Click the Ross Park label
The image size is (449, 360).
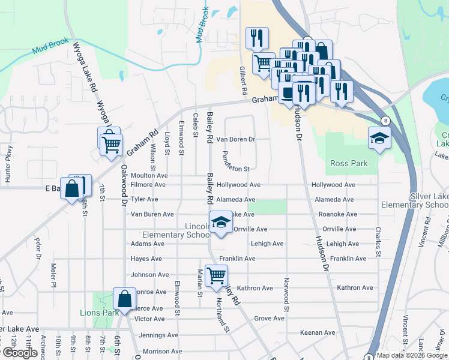[348, 163]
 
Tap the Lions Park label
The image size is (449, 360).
[99, 313]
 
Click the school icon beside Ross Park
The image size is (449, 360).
[379, 139]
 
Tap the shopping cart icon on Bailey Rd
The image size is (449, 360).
[216, 276]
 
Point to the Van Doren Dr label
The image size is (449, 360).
[236, 139]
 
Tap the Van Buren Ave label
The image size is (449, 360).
[152, 214]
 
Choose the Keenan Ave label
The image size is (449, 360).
[318, 332]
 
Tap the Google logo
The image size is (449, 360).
[20, 353]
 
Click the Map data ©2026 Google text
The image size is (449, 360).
[411, 355]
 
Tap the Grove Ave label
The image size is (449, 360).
[269, 319]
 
